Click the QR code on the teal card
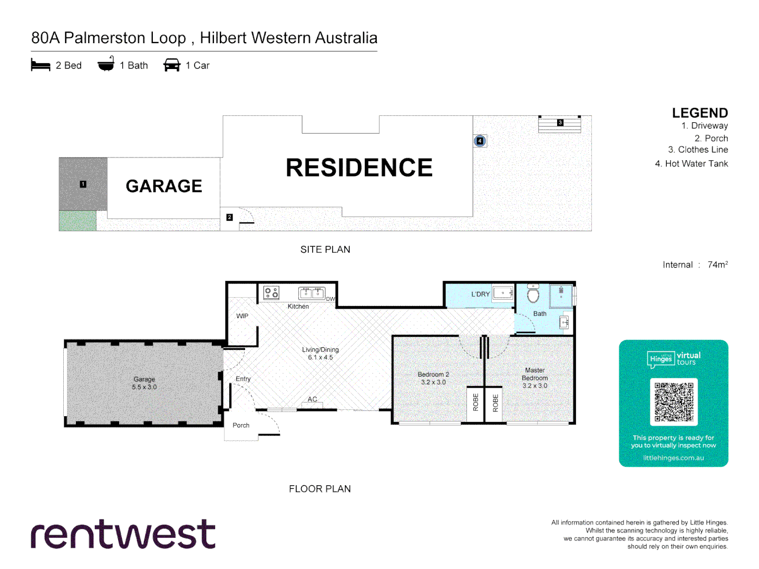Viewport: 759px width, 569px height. [674, 402]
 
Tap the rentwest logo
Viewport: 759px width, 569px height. [123, 534]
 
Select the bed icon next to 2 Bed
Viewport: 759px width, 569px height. [41, 65]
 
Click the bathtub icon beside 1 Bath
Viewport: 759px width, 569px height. [106, 65]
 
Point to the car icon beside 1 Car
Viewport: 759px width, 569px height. [172, 65]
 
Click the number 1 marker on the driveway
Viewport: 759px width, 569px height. [83, 184]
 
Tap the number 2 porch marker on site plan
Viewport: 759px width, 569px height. [229, 217]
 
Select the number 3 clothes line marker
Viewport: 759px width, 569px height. [560, 122]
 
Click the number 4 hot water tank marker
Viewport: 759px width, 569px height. [480, 141]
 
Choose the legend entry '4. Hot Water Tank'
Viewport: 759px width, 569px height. [691, 164]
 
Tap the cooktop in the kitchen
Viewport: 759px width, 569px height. [271, 292]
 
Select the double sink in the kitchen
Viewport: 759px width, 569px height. [312, 293]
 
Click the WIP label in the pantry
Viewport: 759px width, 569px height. [242, 316]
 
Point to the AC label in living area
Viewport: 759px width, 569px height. [313, 399]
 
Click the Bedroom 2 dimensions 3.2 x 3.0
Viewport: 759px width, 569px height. [433, 382]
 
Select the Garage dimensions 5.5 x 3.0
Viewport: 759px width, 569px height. [144, 387]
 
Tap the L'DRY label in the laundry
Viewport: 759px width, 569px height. [480, 295]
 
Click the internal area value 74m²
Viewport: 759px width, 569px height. [717, 264]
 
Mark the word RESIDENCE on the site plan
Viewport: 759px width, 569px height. [359, 168]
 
